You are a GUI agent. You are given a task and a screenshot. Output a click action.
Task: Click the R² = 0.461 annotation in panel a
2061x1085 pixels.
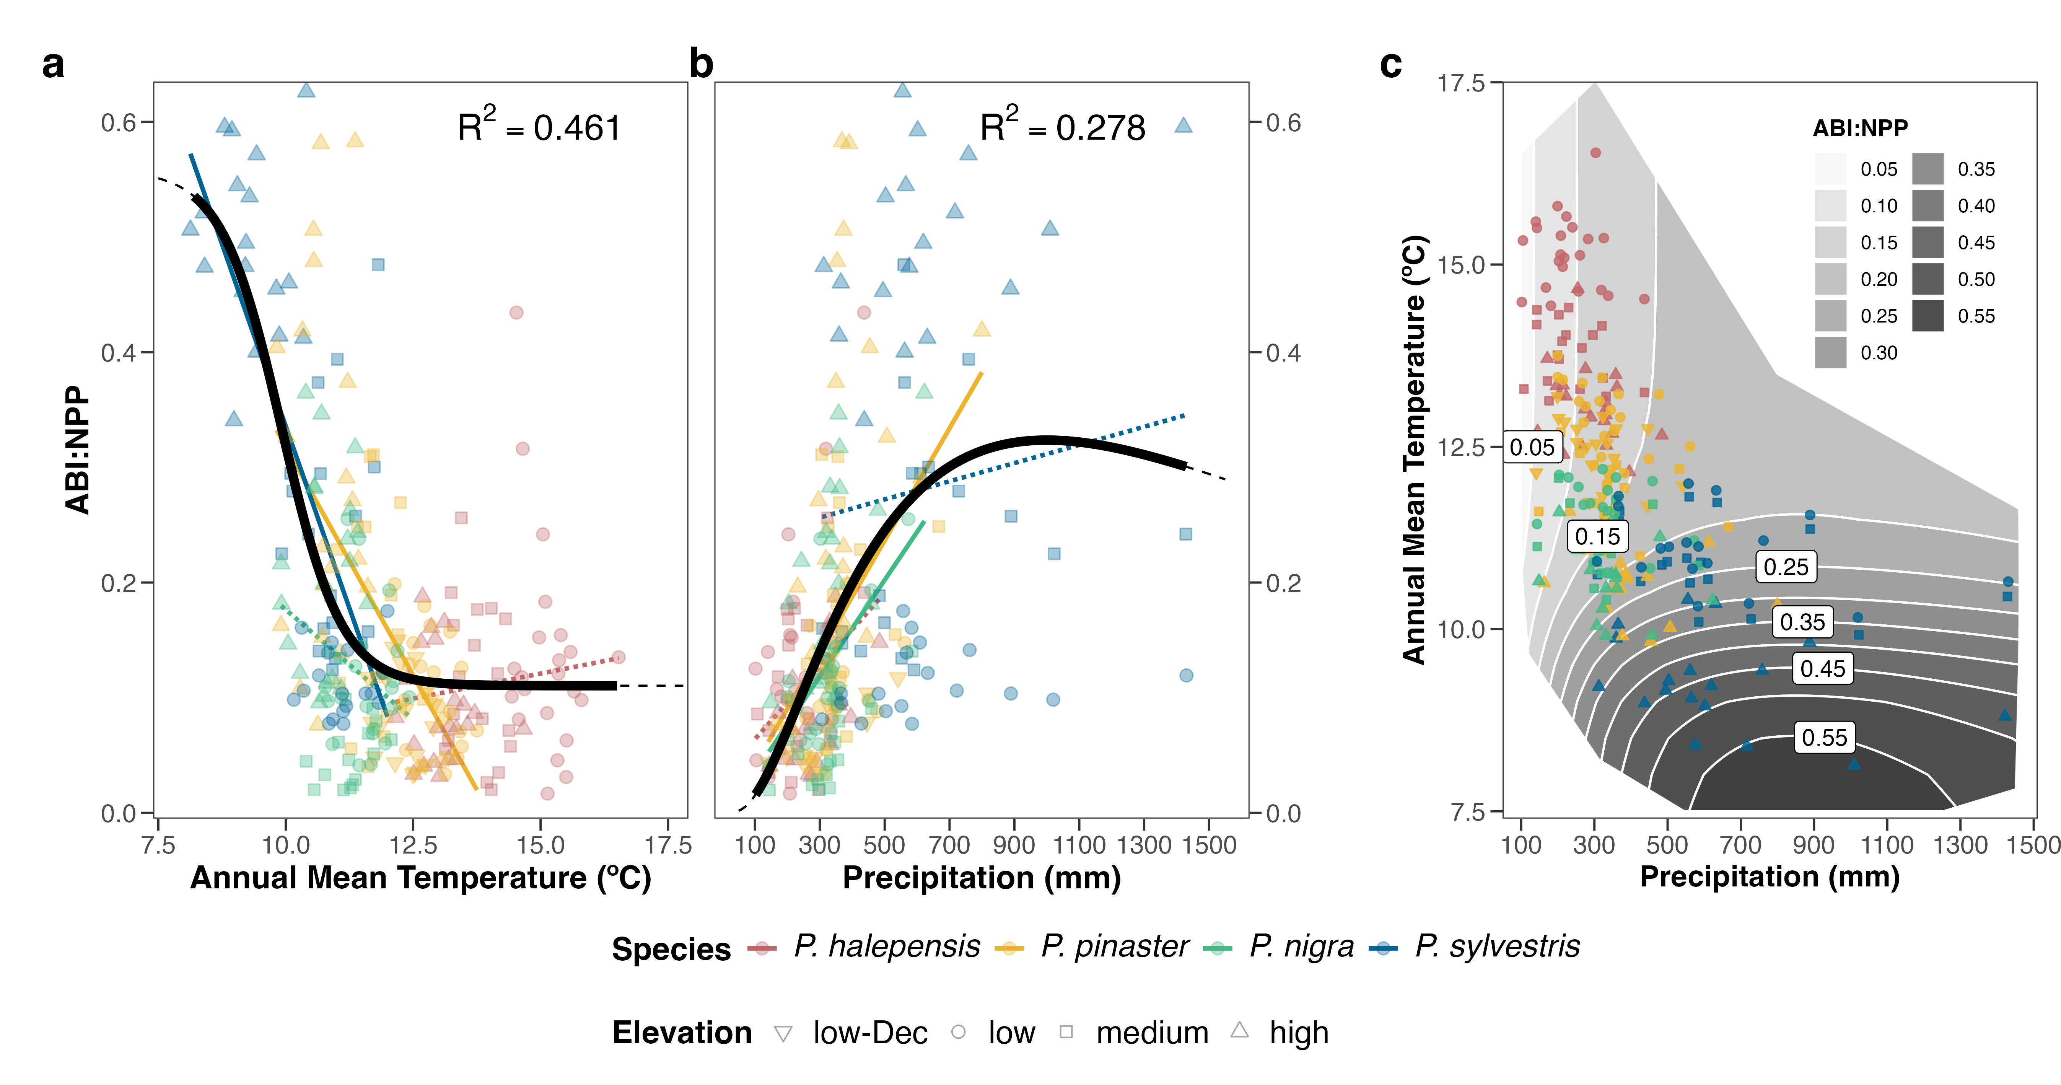click(x=539, y=126)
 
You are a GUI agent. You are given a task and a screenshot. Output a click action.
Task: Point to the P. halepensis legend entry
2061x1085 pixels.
click(x=887, y=947)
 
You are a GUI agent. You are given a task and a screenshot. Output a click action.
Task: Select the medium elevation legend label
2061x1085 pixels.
click(x=1152, y=1033)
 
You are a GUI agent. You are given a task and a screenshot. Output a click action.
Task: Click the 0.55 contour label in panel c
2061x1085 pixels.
click(x=1824, y=737)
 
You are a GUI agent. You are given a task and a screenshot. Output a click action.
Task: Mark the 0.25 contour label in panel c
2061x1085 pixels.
click(x=1786, y=567)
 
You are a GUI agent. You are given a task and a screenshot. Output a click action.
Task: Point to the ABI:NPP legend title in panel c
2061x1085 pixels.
click(x=1860, y=128)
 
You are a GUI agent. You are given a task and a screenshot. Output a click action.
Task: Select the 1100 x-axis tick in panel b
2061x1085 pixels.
click(x=1079, y=845)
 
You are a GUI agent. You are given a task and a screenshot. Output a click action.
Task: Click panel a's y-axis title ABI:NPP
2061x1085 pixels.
click(x=78, y=450)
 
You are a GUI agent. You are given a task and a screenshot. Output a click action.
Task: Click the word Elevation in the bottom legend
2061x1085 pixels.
click(x=682, y=1033)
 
